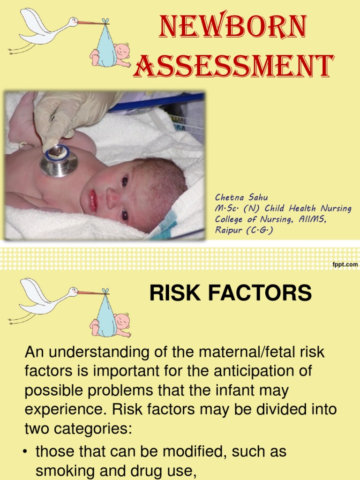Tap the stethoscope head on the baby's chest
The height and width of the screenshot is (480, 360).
pos(59,160)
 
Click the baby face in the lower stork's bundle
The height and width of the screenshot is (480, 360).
pos(122,321)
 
